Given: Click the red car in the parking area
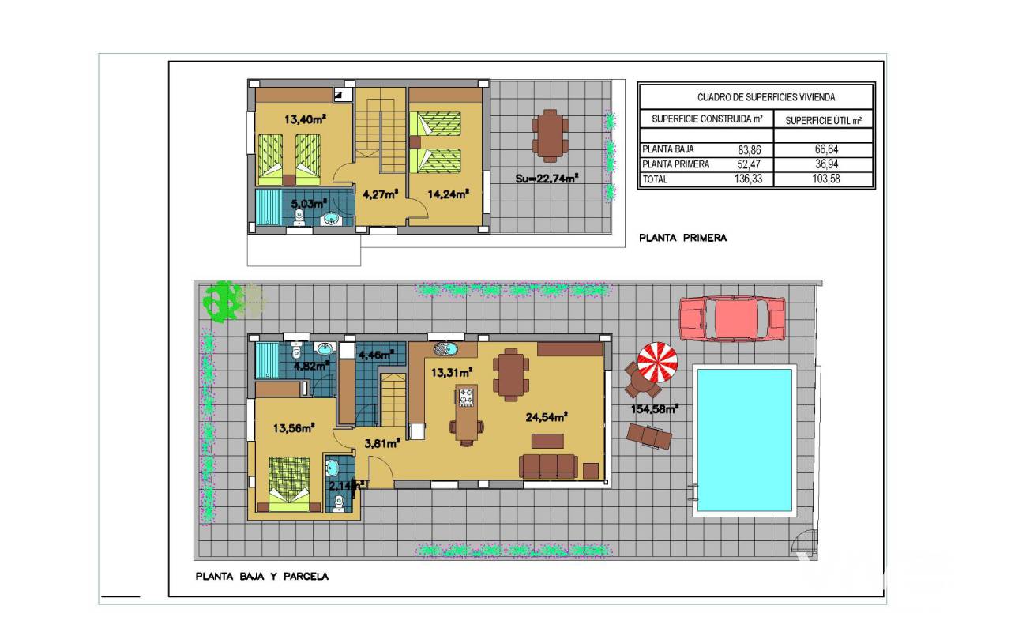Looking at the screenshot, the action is (732, 318).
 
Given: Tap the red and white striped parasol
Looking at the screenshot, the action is (657, 362).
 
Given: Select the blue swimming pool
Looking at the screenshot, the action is (745, 440).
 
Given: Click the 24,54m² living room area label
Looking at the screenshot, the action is (547, 417).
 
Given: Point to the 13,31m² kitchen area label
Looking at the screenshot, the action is (452, 372).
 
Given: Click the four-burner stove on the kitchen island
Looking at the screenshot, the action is (467, 397).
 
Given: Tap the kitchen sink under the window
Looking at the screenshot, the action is (445, 349).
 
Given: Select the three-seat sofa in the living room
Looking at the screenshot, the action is (548, 466).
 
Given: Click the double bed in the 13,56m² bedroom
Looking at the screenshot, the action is (289, 484).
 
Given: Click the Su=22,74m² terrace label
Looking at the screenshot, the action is (547, 179).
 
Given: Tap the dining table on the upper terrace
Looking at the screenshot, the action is (550, 135).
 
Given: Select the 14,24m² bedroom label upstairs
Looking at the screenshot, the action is (448, 194).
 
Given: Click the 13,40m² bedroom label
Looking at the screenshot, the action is (305, 119).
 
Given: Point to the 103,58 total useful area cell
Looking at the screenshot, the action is (826, 179).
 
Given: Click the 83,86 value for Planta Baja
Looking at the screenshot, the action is (750, 149).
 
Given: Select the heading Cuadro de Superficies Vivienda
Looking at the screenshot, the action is (766, 97).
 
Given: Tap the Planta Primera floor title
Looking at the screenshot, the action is (683, 238).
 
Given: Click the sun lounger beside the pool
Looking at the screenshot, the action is (649, 437).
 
